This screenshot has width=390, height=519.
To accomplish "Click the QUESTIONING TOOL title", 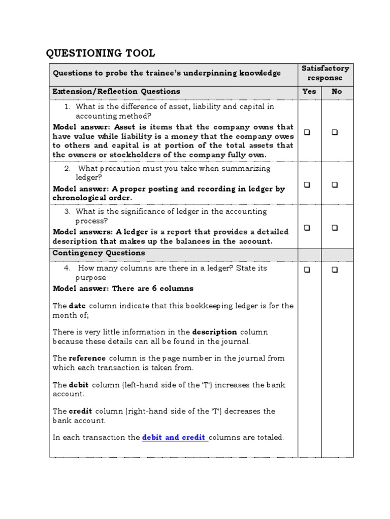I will coord(101,53).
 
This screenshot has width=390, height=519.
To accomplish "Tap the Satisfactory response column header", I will coord(326,73).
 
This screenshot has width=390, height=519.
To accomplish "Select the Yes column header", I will coord(309,92).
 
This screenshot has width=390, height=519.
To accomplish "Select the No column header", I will coord(337,92).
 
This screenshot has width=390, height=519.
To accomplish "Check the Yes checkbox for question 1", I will coord(307,132).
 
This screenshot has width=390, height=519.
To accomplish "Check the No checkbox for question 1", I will coord(335,132).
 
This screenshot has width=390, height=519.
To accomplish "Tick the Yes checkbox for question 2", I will coord(307,185).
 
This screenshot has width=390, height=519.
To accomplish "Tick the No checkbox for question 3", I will coord(335,228).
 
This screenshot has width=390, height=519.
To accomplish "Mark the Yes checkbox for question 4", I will coord(307,270).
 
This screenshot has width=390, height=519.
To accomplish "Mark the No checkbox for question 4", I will coord(335,270).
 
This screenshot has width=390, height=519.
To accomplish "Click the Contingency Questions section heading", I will coord(99,253).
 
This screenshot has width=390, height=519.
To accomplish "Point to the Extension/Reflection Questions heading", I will coord(116,92).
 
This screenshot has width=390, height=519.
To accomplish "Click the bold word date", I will coord(77,306).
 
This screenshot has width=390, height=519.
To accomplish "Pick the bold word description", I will coord(214,332).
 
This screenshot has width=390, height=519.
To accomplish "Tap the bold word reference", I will coord(87,358).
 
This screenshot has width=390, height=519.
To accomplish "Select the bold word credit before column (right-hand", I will coord(80,411).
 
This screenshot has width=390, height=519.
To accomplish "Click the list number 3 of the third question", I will coord(67,211).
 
